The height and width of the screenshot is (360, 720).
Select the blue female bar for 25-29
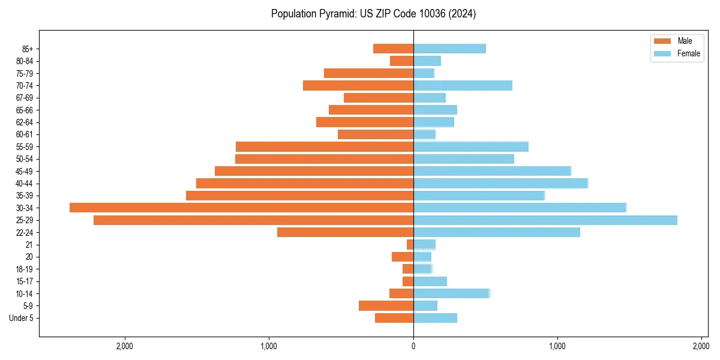click(545, 220)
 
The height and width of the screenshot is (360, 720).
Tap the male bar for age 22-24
click(345, 232)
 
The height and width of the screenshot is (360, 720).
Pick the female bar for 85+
click(449, 49)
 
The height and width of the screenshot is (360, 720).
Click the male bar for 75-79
click(368, 73)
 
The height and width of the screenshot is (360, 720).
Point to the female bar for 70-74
click(463, 85)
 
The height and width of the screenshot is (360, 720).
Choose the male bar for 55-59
click(324, 146)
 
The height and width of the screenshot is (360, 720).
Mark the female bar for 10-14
click(451, 293)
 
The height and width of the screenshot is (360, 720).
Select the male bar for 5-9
click(386, 305)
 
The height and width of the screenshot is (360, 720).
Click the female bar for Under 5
click(435, 318)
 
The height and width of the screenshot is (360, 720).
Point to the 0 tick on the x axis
click(413, 346)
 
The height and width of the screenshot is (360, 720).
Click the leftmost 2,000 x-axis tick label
click(125, 346)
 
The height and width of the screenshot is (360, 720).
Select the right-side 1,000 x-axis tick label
click(557, 346)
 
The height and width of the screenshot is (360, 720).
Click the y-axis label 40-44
click(25, 184)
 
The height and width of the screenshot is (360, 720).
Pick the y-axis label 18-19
click(25, 269)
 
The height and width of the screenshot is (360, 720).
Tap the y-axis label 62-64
click(25, 122)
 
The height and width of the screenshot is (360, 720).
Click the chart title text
click(373, 14)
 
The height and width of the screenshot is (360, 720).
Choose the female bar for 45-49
click(492, 171)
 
